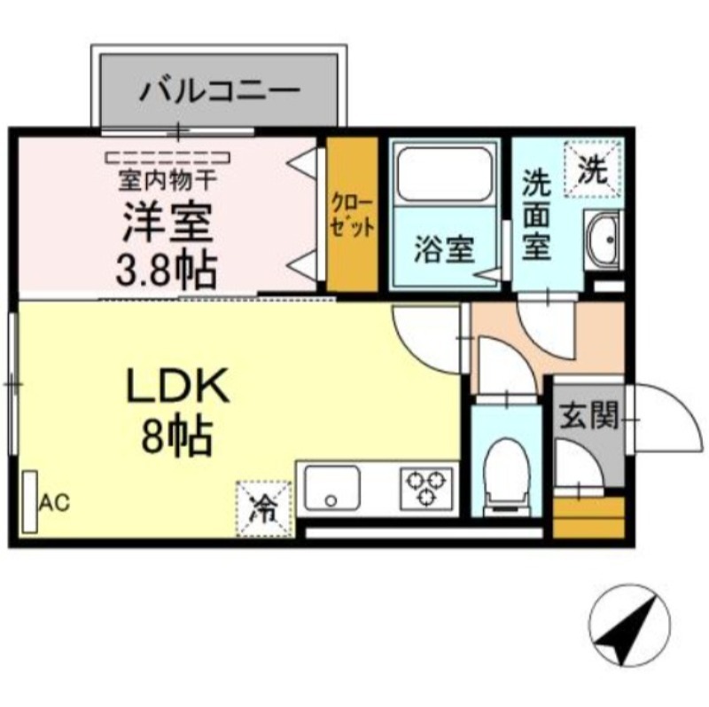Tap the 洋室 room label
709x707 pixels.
coord(168,224)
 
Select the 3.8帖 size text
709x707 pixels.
coord(166,269)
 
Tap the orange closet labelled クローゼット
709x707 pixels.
coord(352,214)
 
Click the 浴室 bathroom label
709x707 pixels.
coord(442,249)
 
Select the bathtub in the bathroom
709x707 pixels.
coord(443,173)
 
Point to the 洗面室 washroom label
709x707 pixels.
coord(537,216)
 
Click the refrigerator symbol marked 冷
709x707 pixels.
coord(263,508)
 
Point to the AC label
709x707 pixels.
coord(53,503)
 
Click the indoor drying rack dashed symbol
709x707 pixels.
coord(168,158)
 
